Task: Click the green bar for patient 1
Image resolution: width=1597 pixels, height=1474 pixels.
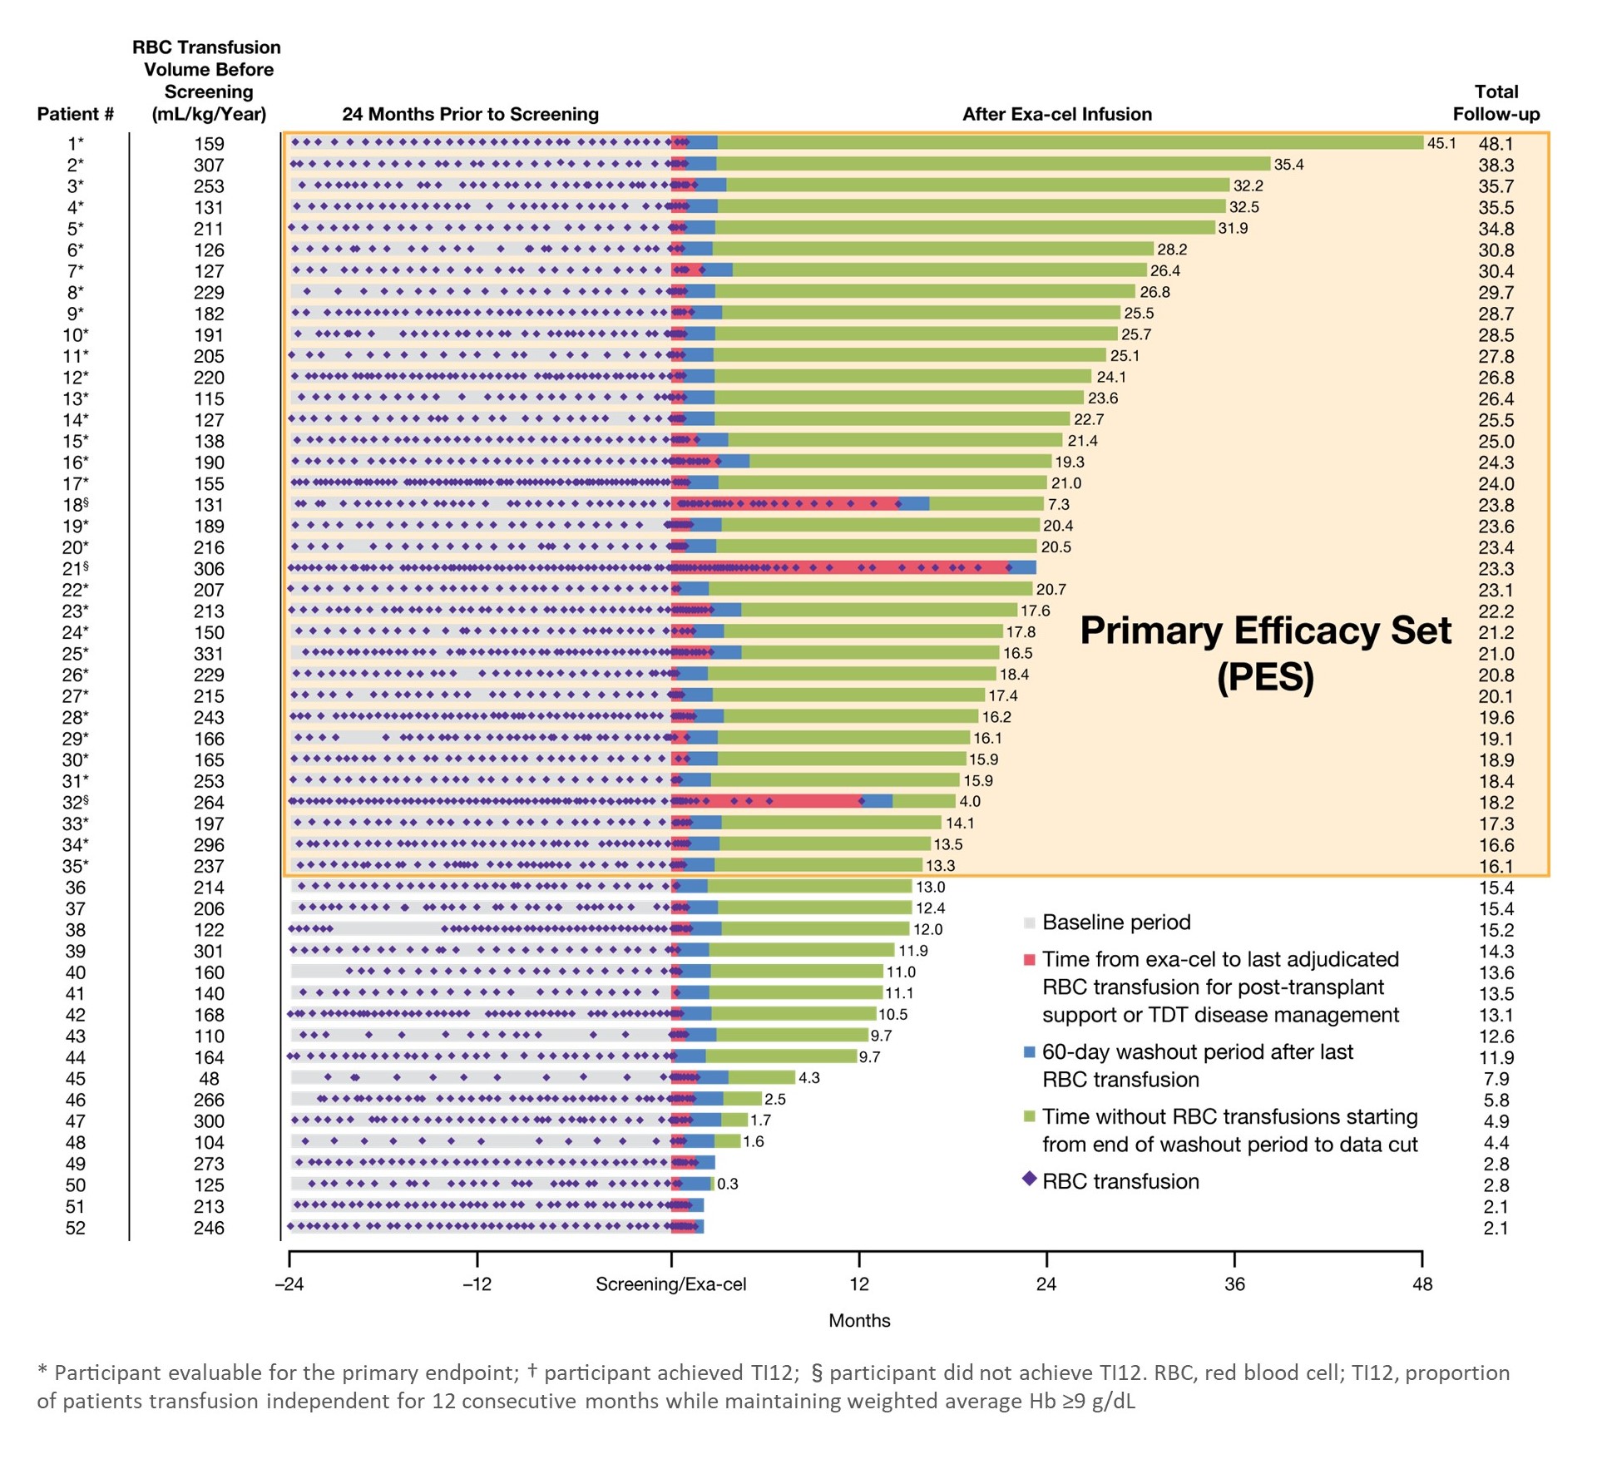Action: (x=1069, y=143)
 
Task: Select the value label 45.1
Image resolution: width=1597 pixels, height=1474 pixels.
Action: (x=1441, y=144)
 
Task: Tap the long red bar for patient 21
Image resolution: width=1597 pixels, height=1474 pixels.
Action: (x=840, y=568)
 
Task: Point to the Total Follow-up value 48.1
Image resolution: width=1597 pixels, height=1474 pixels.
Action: (x=1496, y=144)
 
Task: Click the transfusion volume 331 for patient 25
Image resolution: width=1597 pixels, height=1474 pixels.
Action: (x=209, y=654)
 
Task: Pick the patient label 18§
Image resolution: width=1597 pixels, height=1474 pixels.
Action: (x=75, y=505)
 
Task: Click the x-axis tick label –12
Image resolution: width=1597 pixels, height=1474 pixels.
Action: (x=477, y=1284)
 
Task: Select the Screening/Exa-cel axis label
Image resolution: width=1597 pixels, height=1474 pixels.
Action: (x=670, y=1284)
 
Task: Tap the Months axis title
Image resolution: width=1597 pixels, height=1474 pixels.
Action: (x=859, y=1320)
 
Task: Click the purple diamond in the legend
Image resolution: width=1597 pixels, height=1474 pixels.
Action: (x=1029, y=1179)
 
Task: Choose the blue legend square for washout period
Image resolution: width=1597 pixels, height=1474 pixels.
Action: (x=1029, y=1052)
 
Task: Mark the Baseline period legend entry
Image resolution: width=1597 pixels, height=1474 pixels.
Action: (x=1115, y=922)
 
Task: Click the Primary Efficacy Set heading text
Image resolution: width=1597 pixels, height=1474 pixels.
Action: (x=1265, y=631)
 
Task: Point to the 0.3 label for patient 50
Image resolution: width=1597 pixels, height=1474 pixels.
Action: (x=728, y=1184)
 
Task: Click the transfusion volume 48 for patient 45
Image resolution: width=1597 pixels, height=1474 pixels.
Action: (x=209, y=1079)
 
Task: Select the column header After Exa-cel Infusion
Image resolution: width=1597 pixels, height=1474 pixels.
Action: (x=1056, y=114)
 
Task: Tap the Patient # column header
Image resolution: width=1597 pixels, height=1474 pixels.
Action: (x=75, y=114)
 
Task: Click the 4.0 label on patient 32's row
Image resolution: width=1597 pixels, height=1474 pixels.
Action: (x=970, y=802)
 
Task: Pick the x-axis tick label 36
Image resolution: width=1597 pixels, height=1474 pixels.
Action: (x=1234, y=1284)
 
